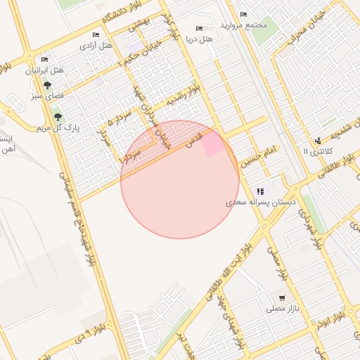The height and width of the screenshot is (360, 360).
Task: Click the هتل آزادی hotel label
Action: [96, 46]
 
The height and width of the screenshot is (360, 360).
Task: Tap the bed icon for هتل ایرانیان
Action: [45, 59]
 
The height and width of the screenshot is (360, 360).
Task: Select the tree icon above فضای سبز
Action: [47, 85]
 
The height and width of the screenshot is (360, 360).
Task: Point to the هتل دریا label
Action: [199, 39]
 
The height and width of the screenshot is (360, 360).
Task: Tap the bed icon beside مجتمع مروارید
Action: [243, 15]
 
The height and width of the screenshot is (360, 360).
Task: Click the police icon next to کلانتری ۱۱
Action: [318, 141]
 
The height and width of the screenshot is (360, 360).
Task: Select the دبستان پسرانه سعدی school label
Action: [262, 202]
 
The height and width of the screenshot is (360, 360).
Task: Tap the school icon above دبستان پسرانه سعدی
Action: [260, 191]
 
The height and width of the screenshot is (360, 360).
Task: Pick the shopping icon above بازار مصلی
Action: [282, 297]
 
